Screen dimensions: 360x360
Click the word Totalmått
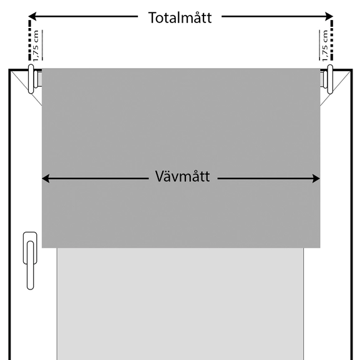tap(180, 17)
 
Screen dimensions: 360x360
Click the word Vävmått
tap(183, 177)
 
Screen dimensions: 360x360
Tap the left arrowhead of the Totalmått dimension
tap(32, 16)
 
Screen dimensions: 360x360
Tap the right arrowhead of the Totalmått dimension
tap(329, 16)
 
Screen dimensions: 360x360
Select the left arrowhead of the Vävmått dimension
tap(46, 178)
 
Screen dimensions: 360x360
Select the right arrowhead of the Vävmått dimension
tap(316, 178)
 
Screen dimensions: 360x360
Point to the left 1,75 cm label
tap(36, 46)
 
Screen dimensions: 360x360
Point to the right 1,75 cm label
tap(324, 46)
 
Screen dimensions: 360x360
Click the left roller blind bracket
tap(31, 79)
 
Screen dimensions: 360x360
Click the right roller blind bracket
tap(330, 79)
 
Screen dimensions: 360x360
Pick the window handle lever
tap(31, 265)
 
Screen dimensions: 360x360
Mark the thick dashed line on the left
tap(29, 41)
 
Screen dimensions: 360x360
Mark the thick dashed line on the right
tap(332, 41)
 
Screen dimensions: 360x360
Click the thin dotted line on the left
tap(42, 45)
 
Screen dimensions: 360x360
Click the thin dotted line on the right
tap(319, 45)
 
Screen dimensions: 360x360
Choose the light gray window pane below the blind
tap(180, 304)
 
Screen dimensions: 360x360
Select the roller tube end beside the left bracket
tap(39, 79)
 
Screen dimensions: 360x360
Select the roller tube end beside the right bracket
tap(322, 79)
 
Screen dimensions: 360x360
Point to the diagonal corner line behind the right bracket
tap(336, 89)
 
